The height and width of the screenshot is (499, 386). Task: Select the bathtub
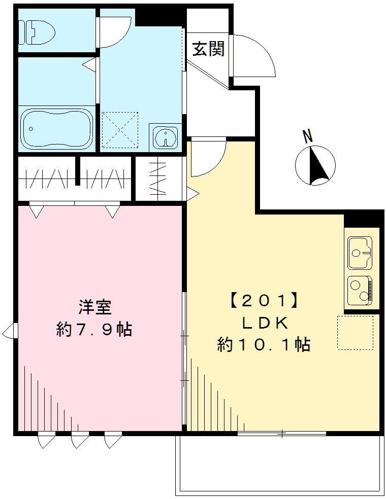point(56,128)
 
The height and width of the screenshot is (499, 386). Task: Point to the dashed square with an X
point(120,130)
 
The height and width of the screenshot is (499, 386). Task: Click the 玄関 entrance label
point(208,50)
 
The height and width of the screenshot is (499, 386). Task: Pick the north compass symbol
point(315,164)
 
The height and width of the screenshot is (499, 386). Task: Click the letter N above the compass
point(307,136)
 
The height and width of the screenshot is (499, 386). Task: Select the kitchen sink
point(361,253)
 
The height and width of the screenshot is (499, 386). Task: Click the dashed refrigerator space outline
point(355,333)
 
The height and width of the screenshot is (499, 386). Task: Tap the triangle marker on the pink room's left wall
point(10,332)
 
